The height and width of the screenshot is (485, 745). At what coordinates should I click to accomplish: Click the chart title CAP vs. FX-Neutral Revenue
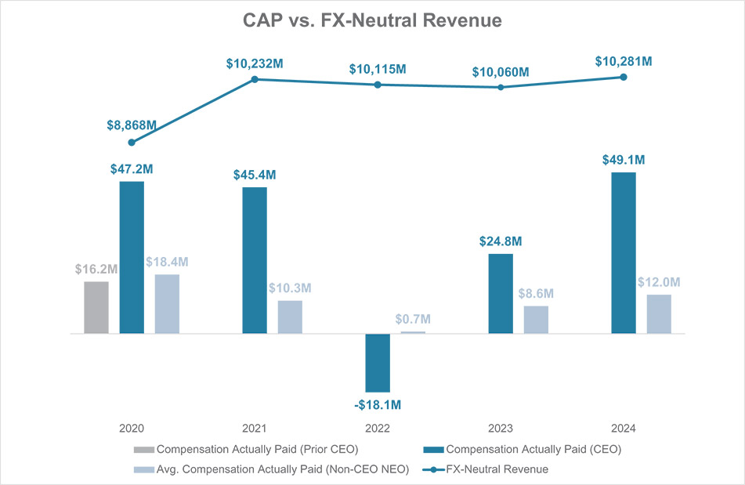coord(371,21)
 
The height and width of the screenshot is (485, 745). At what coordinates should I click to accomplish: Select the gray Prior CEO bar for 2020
coord(96,307)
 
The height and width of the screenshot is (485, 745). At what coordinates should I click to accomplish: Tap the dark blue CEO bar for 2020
coord(132,257)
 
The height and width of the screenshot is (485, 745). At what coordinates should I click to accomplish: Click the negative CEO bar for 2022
coord(378,363)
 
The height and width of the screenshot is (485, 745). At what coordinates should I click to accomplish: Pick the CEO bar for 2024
coord(624,252)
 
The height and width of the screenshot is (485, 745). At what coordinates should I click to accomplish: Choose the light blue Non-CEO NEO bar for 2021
coord(290,317)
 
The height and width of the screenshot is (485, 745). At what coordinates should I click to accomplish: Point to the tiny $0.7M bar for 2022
coord(413,332)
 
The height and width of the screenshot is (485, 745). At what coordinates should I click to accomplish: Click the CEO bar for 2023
coord(501,293)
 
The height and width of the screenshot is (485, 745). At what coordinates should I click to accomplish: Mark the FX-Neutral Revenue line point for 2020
coord(132,143)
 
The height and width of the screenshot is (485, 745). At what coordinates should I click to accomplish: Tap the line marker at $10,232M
coord(255,79)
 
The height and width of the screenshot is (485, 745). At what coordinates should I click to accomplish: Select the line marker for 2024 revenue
coord(624,77)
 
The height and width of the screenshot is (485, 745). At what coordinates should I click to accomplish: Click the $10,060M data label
coord(501,72)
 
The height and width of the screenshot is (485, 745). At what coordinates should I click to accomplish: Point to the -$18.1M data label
coord(378,405)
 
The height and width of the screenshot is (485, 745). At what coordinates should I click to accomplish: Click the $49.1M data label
coord(624,160)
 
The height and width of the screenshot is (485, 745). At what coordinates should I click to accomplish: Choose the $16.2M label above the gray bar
coord(96,270)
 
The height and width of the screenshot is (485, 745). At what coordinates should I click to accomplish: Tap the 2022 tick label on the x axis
coord(378,429)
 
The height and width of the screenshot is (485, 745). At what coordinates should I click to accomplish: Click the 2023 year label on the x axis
coord(501,429)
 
